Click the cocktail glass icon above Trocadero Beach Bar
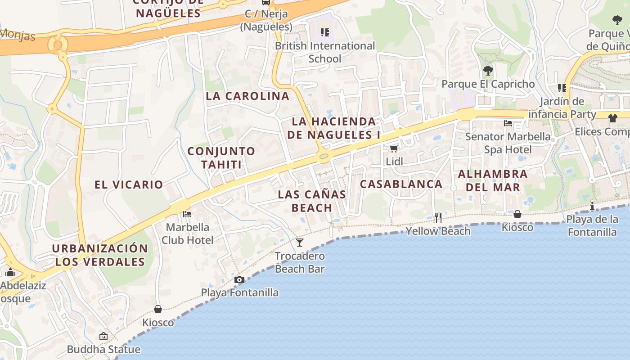pyautogui.click(x=300, y=243)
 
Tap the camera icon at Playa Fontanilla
pyautogui.click(x=239, y=280)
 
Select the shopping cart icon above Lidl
pyautogui.click(x=394, y=148)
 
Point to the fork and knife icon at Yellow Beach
pyautogui.click(x=438, y=218)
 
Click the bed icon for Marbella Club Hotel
pyautogui.click(x=187, y=214)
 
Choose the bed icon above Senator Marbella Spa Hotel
pyautogui.click(x=508, y=123)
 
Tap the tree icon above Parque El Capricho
pyautogui.click(x=488, y=71)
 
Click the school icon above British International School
pyautogui.click(x=325, y=32)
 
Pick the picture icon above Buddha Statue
pyautogui.click(x=103, y=336)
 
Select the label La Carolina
pyautogui.click(x=247, y=96)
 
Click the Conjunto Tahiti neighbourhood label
pyautogui.click(x=221, y=157)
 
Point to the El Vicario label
pyautogui.click(x=129, y=184)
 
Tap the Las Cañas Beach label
pyautogui.click(x=312, y=201)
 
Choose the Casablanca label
pyautogui.click(x=401, y=184)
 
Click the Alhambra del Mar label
pyautogui.click(x=492, y=180)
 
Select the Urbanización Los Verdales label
pyautogui.click(x=99, y=255)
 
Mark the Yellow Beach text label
pyautogui.click(x=438, y=231)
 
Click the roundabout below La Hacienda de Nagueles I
pyautogui.click(x=323, y=156)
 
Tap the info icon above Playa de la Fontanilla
pyautogui.click(x=592, y=206)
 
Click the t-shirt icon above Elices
pyautogui.click(x=612, y=118)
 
